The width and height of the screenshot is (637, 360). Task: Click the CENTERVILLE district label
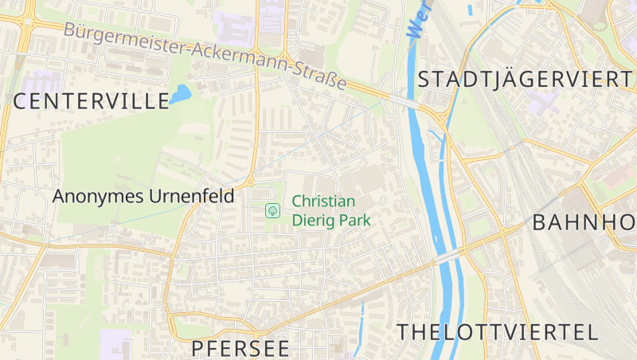point(91,100)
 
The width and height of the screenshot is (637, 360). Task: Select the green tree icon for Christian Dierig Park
point(272,210)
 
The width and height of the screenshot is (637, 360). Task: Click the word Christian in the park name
point(322,202)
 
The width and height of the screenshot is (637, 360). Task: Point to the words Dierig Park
point(332,220)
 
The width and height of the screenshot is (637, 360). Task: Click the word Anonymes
point(99,196)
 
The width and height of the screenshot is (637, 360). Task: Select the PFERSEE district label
point(240,348)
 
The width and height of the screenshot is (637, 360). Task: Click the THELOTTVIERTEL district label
point(498,332)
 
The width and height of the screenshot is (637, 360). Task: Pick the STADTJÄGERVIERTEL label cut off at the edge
point(526,79)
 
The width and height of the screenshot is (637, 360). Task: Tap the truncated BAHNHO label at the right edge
point(584,222)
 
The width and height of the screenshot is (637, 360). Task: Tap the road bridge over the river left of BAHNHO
point(449,254)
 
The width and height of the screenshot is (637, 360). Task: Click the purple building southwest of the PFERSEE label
point(115,344)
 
